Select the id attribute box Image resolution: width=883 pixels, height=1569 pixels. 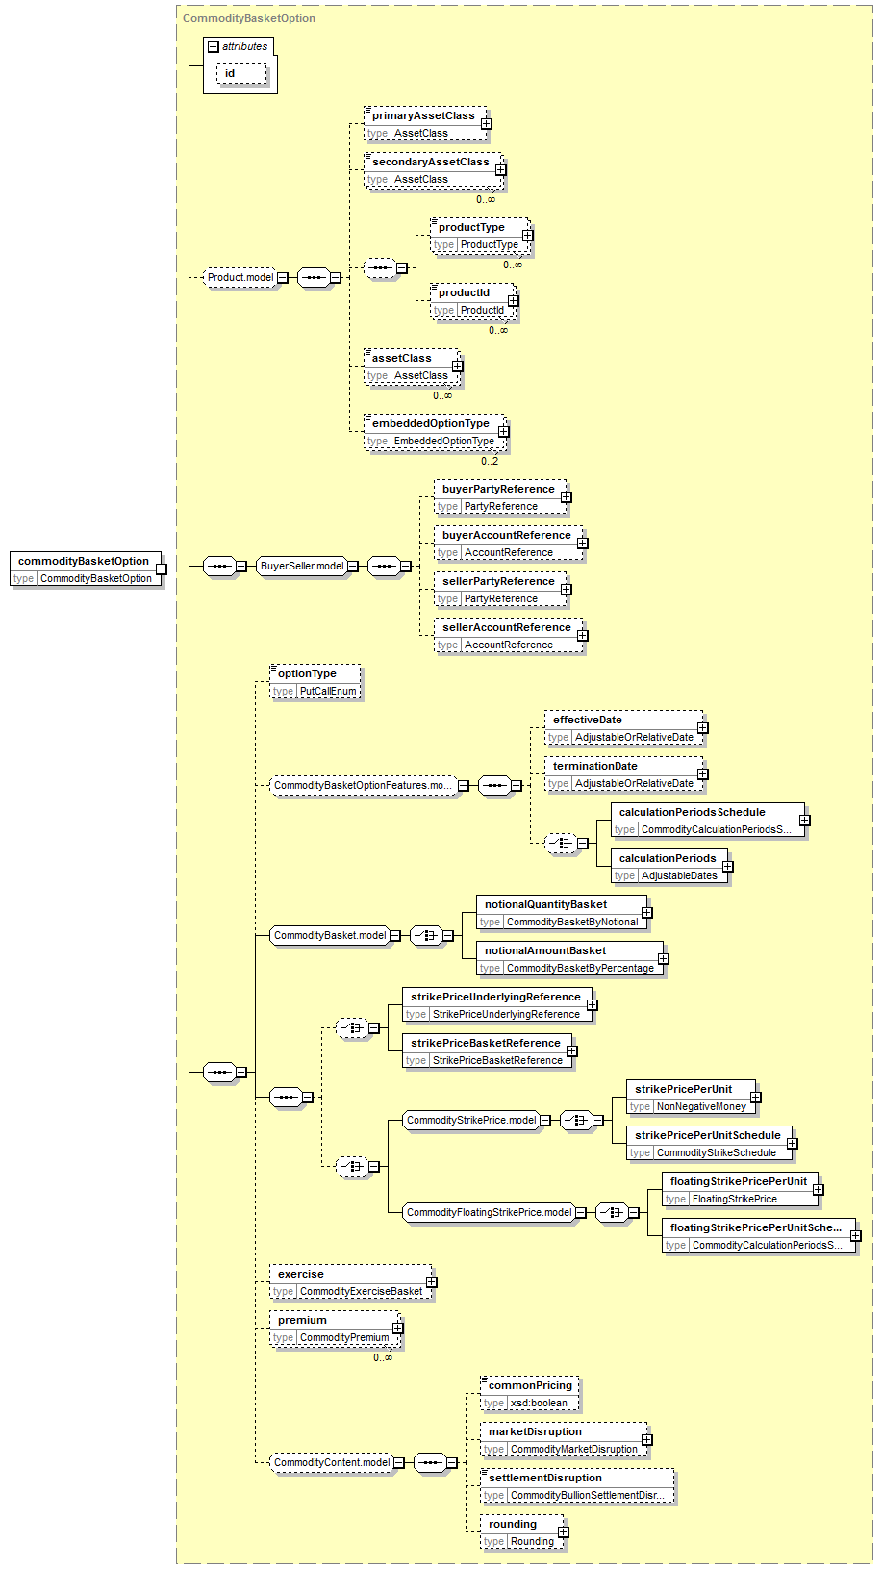click(241, 73)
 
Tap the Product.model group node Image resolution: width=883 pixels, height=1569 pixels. click(240, 277)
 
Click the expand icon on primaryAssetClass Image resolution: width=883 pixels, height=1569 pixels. click(486, 123)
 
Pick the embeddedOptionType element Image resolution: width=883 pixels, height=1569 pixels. click(434, 432)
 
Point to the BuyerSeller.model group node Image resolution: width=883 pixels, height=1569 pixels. click(302, 566)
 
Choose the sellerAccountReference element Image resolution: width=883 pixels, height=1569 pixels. click(509, 636)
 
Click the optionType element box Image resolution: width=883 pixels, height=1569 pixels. click(315, 682)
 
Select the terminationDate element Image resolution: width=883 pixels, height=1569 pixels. click(623, 774)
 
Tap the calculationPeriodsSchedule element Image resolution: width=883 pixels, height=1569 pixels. click(707, 821)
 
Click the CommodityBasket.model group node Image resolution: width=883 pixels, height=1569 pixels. click(330, 935)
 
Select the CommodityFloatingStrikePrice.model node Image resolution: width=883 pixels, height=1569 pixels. click(489, 1212)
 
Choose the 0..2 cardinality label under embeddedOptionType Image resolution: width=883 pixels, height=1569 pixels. click(490, 461)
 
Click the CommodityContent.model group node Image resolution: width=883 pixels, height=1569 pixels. click(332, 1462)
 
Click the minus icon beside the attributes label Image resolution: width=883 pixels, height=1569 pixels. click(214, 47)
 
